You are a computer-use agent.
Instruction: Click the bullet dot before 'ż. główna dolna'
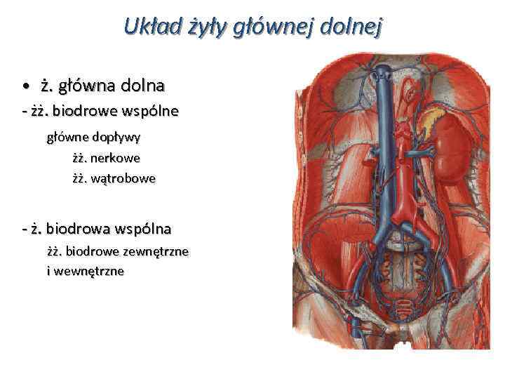[x=25, y=87]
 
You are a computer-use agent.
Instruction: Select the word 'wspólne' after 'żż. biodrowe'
[x=150, y=111]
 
